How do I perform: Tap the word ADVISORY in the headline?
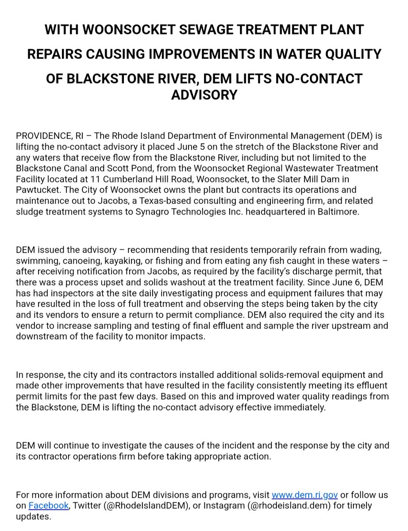[x=204, y=94]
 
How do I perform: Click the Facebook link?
[x=49, y=505]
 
